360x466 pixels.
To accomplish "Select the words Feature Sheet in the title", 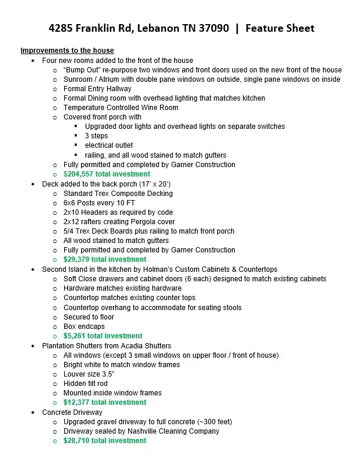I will pos(280,28).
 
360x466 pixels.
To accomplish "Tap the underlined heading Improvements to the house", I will pos(67,51).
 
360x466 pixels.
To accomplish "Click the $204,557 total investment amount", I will pos(106,174).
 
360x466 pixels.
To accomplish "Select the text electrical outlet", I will pos(109,145).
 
